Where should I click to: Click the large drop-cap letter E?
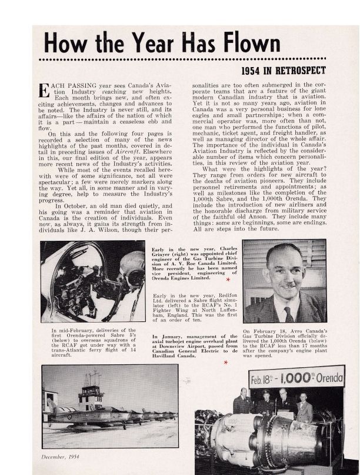[44, 91]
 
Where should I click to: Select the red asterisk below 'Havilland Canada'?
[225, 363]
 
